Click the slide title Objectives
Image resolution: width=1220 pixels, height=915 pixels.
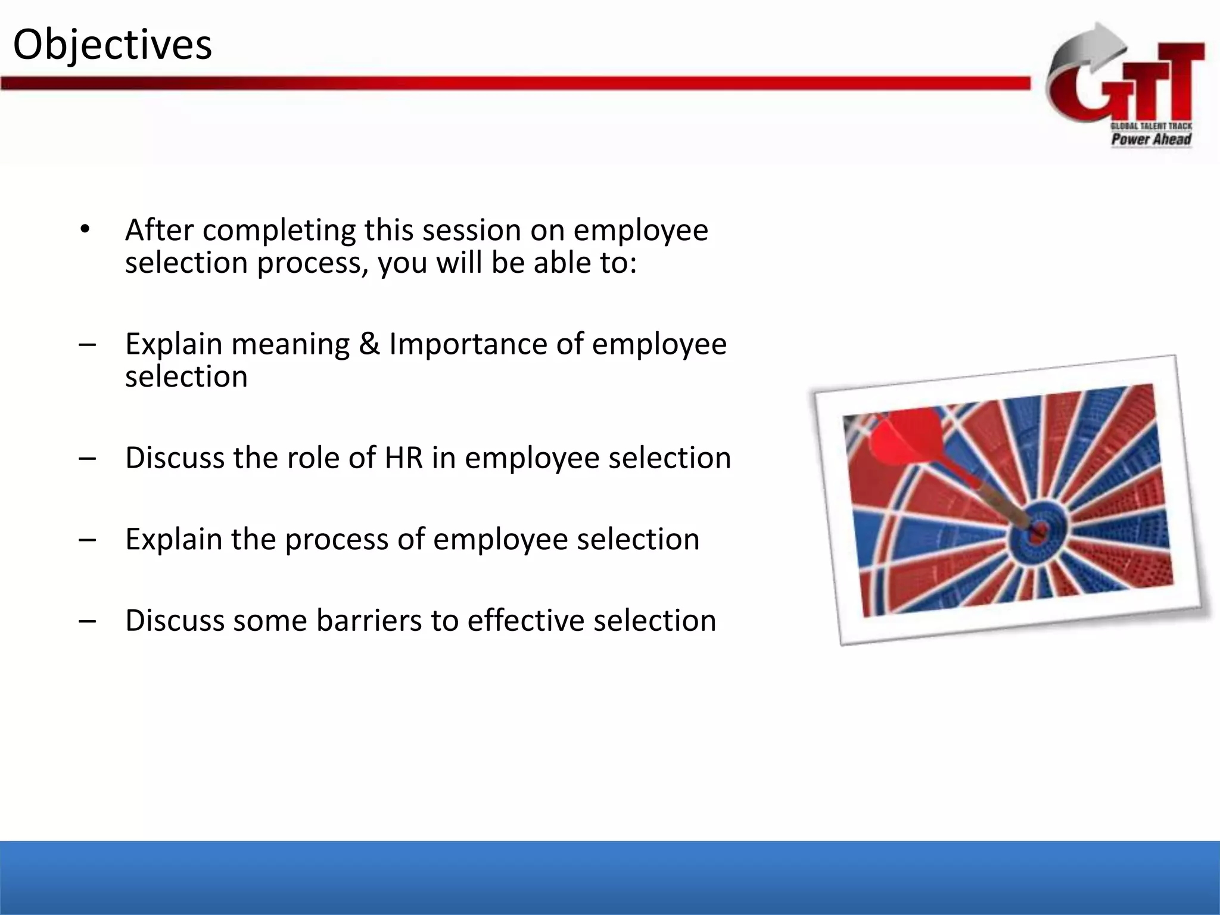click(112, 45)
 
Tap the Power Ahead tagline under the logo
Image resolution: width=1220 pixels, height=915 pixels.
click(1151, 139)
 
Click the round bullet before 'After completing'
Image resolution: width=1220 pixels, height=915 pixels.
click(85, 230)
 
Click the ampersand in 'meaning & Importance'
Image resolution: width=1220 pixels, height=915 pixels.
click(369, 344)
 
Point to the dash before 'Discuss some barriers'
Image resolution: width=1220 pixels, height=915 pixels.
click(87, 621)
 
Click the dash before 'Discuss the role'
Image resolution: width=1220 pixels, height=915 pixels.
click(87, 458)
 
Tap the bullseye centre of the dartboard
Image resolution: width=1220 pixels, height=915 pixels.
click(1037, 530)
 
